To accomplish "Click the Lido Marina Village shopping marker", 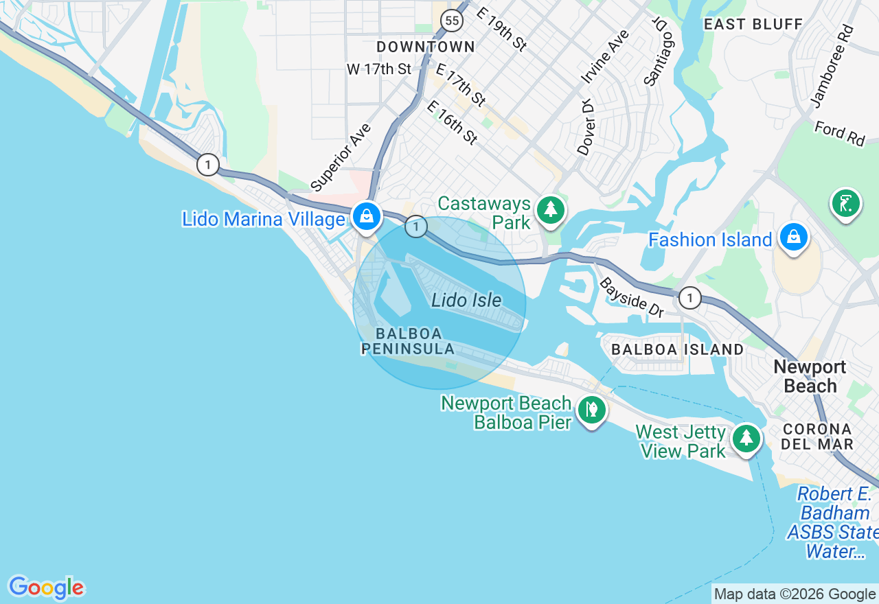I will [x=367, y=216].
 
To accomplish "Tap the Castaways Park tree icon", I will [x=550, y=209].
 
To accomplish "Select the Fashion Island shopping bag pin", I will [x=794, y=237].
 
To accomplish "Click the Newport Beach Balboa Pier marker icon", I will [x=591, y=410].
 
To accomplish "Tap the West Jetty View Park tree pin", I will [x=746, y=437].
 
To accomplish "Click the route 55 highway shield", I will [x=451, y=21].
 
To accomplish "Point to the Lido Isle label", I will [x=466, y=300].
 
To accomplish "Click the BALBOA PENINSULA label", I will [x=408, y=341].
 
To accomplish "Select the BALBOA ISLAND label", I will [x=677, y=349].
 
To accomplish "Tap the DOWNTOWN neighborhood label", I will [x=426, y=47].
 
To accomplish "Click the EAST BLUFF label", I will [x=753, y=24].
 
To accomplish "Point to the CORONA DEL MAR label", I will [x=817, y=436].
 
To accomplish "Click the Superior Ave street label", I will [x=341, y=157].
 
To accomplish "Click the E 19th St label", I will [x=501, y=30].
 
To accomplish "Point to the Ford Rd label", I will [x=839, y=133].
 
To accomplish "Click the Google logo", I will [x=46, y=588].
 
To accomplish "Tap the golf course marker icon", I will [x=845, y=203].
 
